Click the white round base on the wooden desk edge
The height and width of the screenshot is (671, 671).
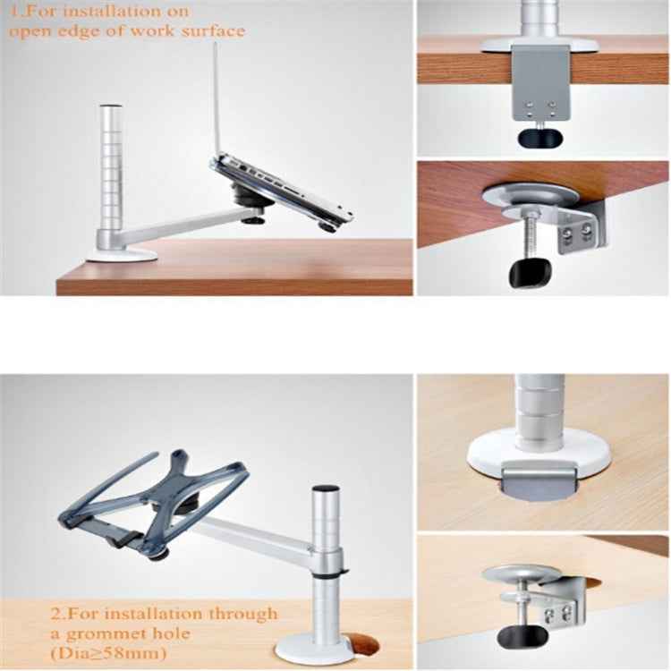122,256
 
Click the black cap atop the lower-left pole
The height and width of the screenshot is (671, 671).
325,488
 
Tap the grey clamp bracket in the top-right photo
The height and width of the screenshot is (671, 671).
540,85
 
